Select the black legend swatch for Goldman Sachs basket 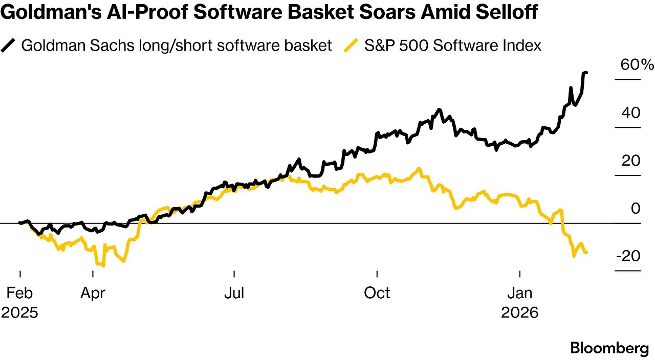tap(9, 46)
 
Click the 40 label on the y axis tap(630, 112)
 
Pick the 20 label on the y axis tap(630, 161)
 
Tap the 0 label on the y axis tap(635, 209)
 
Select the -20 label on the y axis tap(627, 256)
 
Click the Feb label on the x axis tap(19, 293)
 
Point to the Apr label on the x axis tap(93, 293)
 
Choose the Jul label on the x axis tap(234, 293)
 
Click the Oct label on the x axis tap(377, 293)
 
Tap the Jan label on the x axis tap(520, 293)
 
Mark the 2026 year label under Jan tap(520, 312)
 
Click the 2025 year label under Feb tap(19, 312)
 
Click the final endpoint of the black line tap(586, 73)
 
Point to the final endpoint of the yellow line tap(586, 252)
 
